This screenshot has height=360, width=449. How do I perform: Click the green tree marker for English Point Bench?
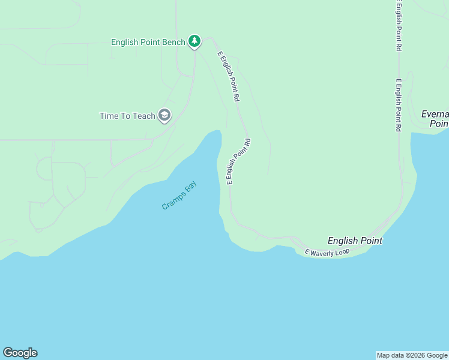[194, 41]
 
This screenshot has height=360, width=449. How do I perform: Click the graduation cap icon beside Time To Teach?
[164, 115]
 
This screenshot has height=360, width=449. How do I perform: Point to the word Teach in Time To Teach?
[144, 116]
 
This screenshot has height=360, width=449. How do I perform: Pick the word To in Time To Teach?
[126, 116]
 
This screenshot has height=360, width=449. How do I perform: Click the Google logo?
[20, 353]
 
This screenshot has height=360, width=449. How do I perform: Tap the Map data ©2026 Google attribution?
[412, 355]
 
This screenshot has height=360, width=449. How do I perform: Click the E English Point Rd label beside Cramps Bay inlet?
[238, 161]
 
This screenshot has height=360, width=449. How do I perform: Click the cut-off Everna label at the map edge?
[435, 114]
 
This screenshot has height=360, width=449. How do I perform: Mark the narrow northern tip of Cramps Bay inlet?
[216, 133]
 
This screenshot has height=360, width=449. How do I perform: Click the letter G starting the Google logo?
[8, 353]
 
